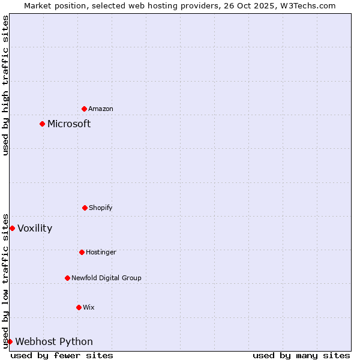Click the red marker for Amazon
84,109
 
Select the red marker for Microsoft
42,124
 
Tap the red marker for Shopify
85,208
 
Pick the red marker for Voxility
12,228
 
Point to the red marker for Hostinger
82,252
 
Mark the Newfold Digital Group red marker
67,278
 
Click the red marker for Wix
79,307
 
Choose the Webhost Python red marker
10,341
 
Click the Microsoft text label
69,124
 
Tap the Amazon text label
101,109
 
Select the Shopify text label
101,208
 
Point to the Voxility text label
35,229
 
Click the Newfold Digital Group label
106,278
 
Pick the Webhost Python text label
54,342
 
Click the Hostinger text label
101,253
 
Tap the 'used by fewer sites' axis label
62,355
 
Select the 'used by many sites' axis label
301,355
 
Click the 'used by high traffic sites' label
6,85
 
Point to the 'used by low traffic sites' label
6,281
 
